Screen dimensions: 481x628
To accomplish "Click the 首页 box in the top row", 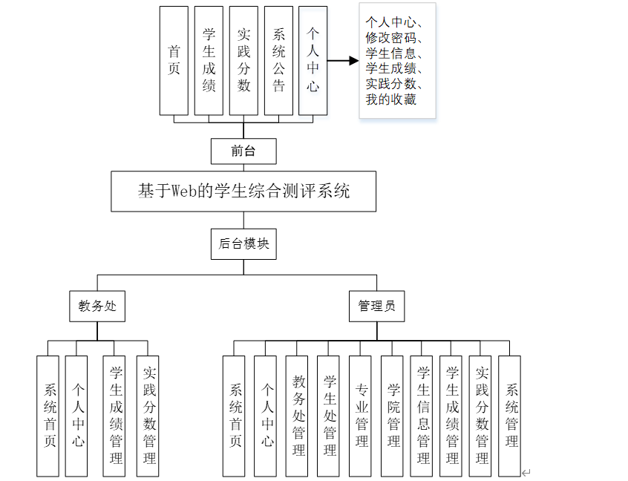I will tap(174, 60).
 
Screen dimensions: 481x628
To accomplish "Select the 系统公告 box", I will tap(278, 60).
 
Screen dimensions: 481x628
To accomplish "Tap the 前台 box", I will tap(243, 151).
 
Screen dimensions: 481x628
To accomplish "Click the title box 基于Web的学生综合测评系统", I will tap(243, 192).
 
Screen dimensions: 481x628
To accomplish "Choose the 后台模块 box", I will tap(243, 243).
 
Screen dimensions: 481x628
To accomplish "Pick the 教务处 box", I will tap(97, 306).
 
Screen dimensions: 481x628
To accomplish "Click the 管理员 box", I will tap(377, 306).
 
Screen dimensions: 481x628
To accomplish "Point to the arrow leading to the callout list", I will tap(342, 61).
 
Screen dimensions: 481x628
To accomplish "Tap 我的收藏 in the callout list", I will tap(390, 99).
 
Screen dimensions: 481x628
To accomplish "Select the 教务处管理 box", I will tap(298, 416).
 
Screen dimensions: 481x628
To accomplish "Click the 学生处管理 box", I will tap(330, 416).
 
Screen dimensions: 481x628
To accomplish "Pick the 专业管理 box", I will tap(362, 416).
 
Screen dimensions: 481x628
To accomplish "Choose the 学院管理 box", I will tap(393, 416).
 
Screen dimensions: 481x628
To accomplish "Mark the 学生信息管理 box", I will tap(423, 416).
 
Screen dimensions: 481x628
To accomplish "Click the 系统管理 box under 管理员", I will tap(511, 416).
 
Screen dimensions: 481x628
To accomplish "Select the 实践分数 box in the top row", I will tap(243, 60).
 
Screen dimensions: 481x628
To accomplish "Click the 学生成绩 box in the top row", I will tap(209, 60).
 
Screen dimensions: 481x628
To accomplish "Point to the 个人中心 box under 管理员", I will tap(266, 416).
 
